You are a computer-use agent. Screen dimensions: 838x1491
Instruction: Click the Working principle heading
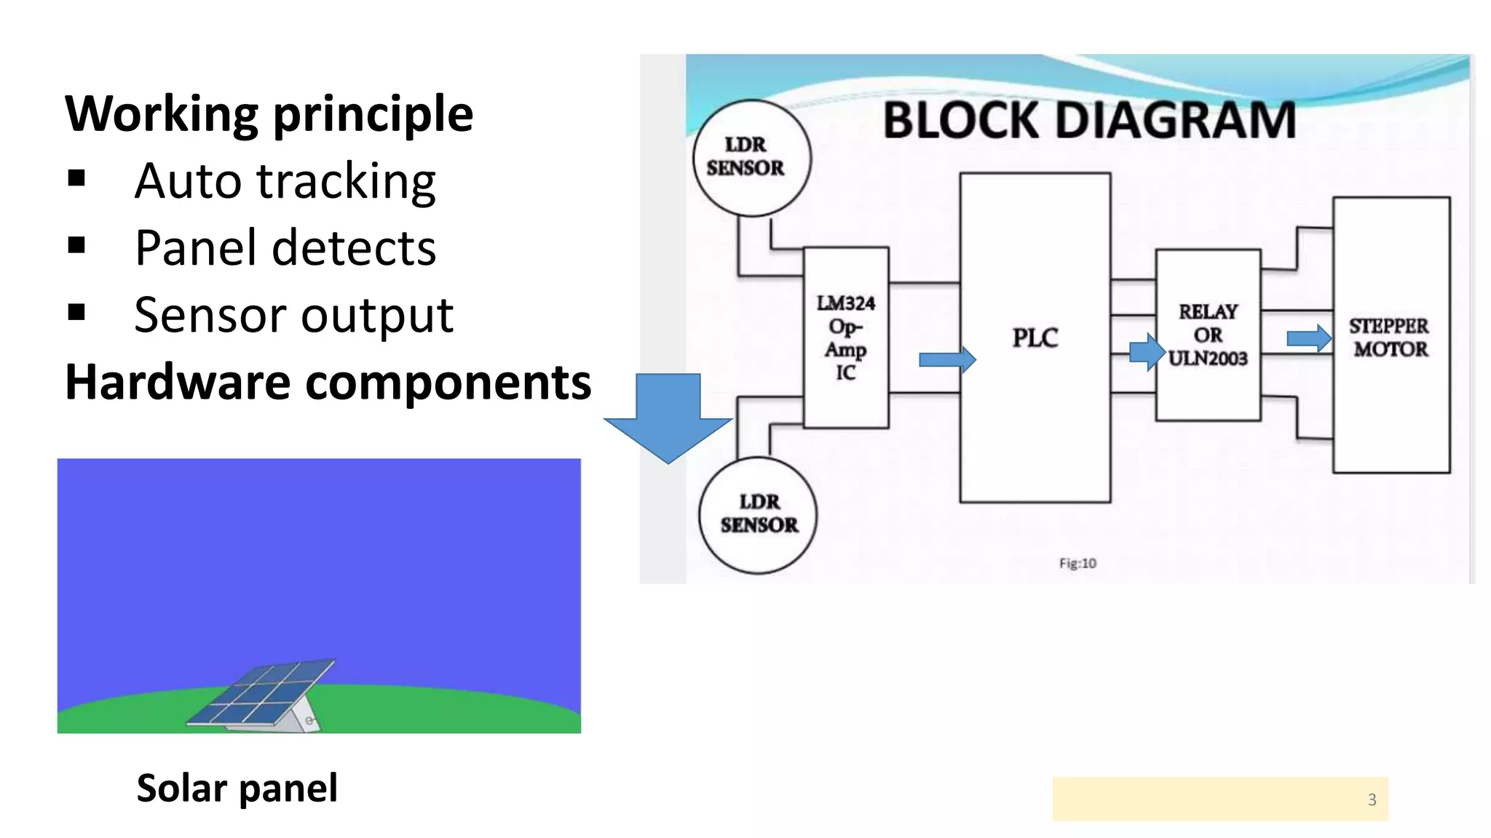[269, 114]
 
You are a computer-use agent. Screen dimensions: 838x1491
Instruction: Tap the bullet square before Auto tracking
[76, 178]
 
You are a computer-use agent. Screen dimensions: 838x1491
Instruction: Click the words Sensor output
[293, 315]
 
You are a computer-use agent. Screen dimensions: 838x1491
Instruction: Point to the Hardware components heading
[328, 382]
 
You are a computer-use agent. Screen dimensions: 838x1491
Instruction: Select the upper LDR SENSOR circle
[751, 157]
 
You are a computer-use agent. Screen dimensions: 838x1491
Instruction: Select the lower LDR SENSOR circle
[758, 514]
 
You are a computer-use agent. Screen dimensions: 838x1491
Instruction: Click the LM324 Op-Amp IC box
[845, 338]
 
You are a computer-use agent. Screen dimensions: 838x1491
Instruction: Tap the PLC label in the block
[1035, 338]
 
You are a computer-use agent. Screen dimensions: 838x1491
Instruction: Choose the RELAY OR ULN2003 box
[1207, 335]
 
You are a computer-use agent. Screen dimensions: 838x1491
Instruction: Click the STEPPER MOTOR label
[1389, 337]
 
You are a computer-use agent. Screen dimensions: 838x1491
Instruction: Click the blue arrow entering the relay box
[1147, 352]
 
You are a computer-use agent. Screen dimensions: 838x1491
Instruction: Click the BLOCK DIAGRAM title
[1089, 120]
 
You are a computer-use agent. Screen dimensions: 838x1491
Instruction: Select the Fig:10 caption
[1077, 563]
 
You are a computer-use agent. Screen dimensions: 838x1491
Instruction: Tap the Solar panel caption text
[237, 788]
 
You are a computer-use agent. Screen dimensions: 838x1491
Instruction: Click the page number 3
[1372, 799]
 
